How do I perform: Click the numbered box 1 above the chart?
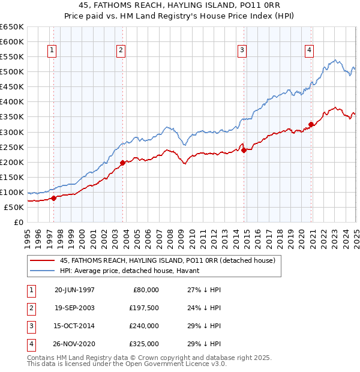(x=53, y=50)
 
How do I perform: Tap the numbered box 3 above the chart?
(x=242, y=50)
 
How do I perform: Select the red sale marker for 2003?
(x=122, y=163)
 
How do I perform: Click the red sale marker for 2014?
(x=244, y=150)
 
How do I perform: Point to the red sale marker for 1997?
(x=53, y=198)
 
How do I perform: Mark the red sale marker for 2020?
(x=311, y=125)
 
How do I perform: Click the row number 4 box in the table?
(x=31, y=344)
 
